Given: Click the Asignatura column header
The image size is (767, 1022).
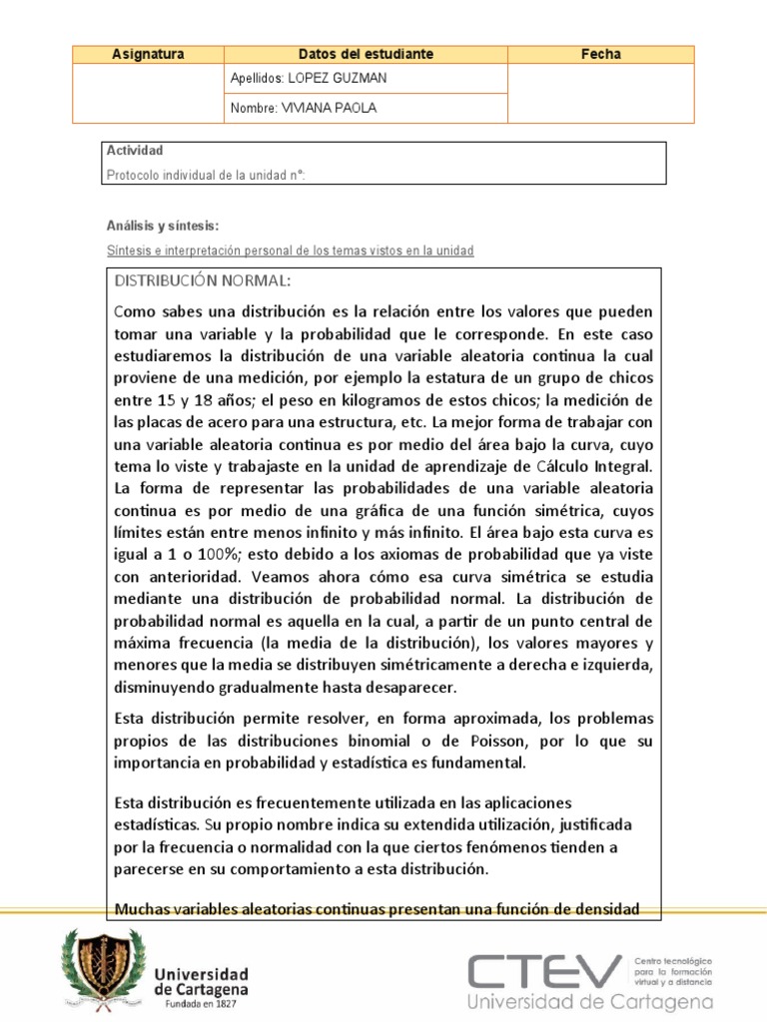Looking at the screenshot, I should tap(148, 55).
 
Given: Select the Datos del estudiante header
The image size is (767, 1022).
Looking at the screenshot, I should tap(366, 55).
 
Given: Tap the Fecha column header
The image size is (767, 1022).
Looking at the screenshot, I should tap(600, 55).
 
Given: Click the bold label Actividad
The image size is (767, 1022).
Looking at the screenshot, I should tap(135, 151).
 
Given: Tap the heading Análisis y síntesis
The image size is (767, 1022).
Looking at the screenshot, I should tap(162, 226).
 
